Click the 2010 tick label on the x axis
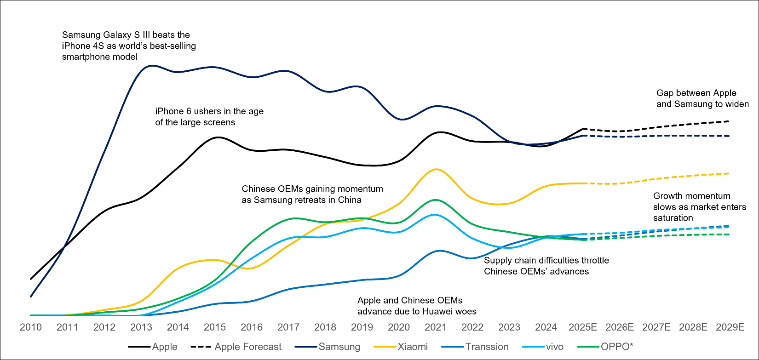(x=30, y=327)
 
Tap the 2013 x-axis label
(x=141, y=327)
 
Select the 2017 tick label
(x=288, y=327)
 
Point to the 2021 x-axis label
(x=436, y=327)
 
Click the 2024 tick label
(x=546, y=327)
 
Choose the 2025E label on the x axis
(x=583, y=327)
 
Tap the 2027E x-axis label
(x=656, y=327)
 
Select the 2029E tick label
(x=730, y=327)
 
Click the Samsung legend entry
(x=339, y=347)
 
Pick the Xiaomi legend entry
(x=412, y=347)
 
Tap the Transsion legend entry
(x=486, y=347)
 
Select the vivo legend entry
(x=554, y=347)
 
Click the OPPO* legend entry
(x=616, y=347)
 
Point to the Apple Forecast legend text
(x=248, y=347)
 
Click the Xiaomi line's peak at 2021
(x=436, y=169)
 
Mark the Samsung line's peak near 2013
(x=151, y=66)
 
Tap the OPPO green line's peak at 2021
(x=435, y=200)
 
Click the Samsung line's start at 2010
(x=31, y=297)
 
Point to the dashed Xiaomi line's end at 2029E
(x=729, y=173)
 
